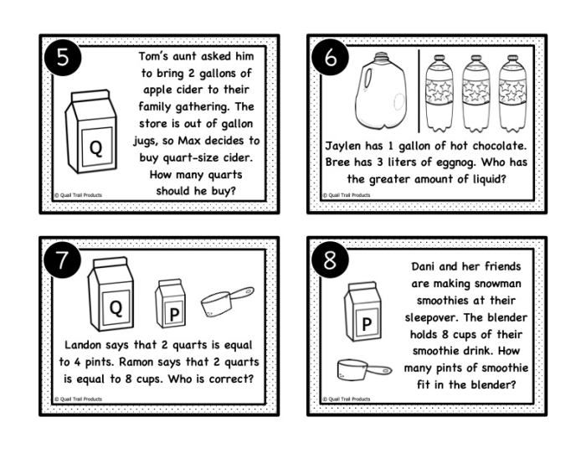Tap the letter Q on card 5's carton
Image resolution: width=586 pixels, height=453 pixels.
click(x=95, y=149)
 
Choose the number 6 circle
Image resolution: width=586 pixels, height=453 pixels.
click(x=329, y=59)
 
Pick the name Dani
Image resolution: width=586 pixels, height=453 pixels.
click(x=426, y=267)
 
